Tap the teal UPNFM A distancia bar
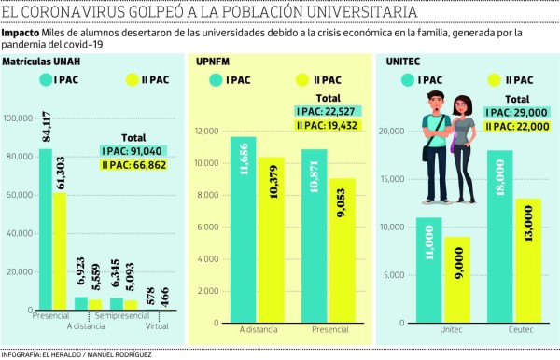pyautogui.click(x=243, y=224)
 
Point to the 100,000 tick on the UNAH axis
pyautogui.click(x=19, y=118)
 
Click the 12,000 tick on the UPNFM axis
pyautogui.click(x=205, y=132)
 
